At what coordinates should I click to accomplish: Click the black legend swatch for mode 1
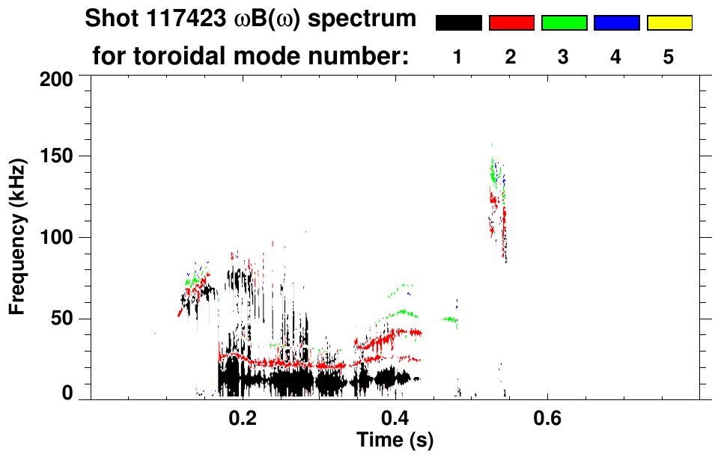[458, 23]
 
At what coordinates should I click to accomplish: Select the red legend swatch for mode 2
[511, 23]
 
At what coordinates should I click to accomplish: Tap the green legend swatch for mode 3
[564, 23]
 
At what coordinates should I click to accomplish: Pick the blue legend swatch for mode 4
[616, 23]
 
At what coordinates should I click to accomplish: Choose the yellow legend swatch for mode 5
[669, 23]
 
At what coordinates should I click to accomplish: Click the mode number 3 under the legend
[563, 57]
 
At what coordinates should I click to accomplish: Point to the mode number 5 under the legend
[669, 57]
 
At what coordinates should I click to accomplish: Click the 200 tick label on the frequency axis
[58, 78]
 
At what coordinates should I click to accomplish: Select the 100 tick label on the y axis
[58, 238]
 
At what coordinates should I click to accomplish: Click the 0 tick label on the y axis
[68, 394]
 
